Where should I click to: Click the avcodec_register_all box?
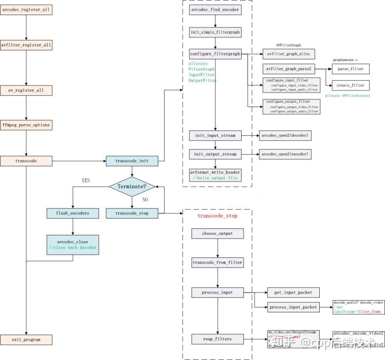(26, 10)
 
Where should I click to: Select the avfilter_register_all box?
(26, 45)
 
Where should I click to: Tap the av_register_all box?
(26, 90)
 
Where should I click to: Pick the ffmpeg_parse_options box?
(26, 125)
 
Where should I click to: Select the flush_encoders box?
(72, 213)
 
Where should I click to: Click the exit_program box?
(26, 339)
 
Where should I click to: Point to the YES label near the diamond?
(86, 181)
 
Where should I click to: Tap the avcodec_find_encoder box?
(215, 10)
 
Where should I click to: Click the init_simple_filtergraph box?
(215, 32)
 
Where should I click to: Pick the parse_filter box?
(351, 69)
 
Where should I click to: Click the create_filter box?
(351, 85)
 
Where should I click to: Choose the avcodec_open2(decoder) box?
(285, 136)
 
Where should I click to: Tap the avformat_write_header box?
(215, 175)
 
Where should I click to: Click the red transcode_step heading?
(218, 216)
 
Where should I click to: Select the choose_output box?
(218, 234)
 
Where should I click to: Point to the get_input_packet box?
(294, 292)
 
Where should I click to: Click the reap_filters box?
(218, 338)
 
